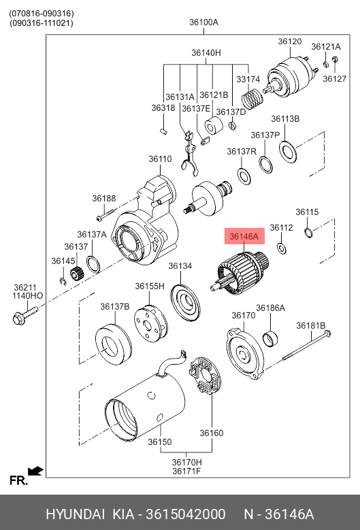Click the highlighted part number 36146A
tap(244, 236)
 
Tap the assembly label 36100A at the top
tap(204, 22)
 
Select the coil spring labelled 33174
tap(252, 97)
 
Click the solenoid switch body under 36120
tap(291, 78)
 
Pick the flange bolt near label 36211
tap(25, 314)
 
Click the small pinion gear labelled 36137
tap(77, 273)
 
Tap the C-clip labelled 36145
tap(63, 281)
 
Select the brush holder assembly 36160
tap(206, 375)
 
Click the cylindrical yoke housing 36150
tap(146, 403)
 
